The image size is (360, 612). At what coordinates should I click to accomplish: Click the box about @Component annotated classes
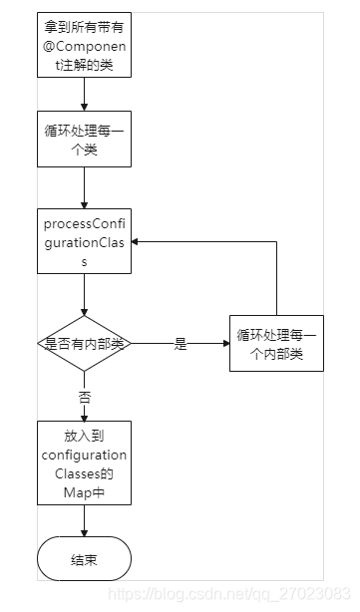click(x=84, y=45)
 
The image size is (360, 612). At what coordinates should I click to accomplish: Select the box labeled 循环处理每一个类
click(x=84, y=139)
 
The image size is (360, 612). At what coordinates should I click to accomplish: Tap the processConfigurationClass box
click(x=84, y=241)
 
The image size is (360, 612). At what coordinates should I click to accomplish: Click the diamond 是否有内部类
click(x=84, y=344)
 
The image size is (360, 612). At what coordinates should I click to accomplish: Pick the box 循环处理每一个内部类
click(x=276, y=344)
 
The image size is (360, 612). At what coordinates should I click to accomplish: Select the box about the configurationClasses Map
click(x=84, y=462)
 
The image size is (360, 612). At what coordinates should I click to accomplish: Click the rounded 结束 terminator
click(x=84, y=558)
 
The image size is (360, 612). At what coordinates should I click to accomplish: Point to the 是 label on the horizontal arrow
click(x=180, y=344)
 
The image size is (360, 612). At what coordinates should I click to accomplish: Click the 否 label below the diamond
click(x=85, y=398)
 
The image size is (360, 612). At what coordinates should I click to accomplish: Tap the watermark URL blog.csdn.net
click(x=229, y=594)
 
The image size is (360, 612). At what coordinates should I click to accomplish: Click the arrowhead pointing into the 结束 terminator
click(x=84, y=533)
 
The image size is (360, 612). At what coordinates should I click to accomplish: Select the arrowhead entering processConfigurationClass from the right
click(x=135, y=241)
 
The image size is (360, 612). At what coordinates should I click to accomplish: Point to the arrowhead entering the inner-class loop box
click(x=225, y=344)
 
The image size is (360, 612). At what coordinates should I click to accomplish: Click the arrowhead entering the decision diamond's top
click(x=84, y=312)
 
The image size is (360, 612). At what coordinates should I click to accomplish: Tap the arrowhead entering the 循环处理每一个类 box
click(x=84, y=108)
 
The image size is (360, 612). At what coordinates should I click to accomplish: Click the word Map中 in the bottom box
click(x=84, y=492)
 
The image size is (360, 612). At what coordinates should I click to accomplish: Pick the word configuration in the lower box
click(x=84, y=456)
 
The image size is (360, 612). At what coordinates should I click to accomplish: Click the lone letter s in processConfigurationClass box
click(x=84, y=262)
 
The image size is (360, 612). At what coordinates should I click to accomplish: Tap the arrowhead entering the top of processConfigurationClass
click(x=84, y=205)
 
